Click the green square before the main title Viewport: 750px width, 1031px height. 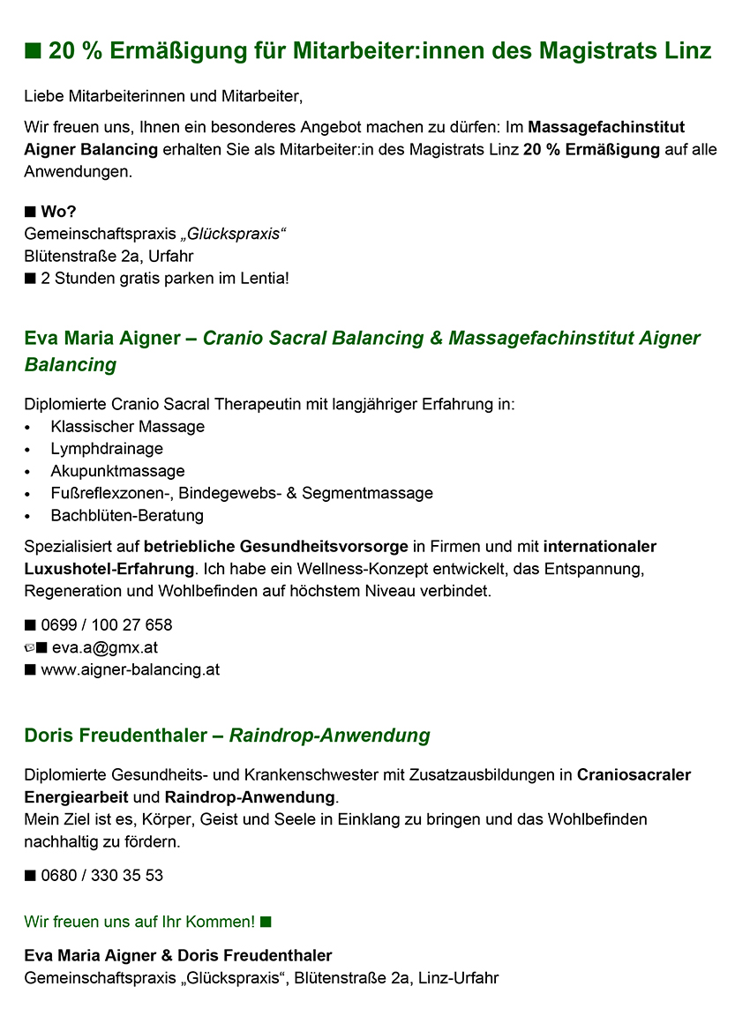pos(34,51)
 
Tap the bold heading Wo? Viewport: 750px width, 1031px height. pos(57,212)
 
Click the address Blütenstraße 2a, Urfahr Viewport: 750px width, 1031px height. pos(109,257)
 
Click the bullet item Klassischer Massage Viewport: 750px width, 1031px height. pos(127,427)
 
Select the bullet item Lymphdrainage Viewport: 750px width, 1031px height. pos(107,449)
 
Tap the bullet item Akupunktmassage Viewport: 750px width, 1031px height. pos(117,471)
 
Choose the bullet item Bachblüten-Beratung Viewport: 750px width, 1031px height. pos(127,515)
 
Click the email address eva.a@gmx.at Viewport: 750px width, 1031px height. pos(99,647)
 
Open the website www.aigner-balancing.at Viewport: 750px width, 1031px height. pos(130,669)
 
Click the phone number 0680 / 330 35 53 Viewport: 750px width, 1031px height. pos(101,876)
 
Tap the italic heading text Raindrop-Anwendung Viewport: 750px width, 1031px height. pos(329,736)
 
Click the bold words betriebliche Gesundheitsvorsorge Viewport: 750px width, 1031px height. pos(276,547)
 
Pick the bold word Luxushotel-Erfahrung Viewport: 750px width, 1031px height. pos(109,569)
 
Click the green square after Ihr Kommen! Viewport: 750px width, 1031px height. pos(266,922)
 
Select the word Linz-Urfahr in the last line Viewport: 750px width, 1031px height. pos(459,978)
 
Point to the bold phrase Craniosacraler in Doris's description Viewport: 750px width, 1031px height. pos(634,775)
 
